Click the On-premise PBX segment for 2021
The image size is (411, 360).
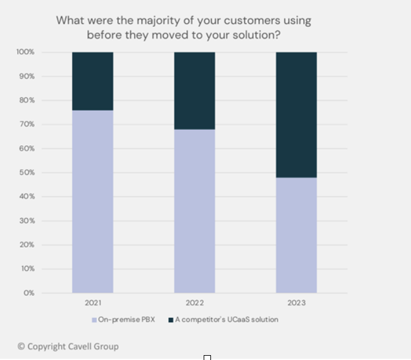coord(93,201)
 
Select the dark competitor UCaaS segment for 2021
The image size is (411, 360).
coord(93,81)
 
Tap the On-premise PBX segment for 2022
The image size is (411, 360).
coord(195,211)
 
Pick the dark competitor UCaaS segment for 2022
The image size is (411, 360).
coord(195,90)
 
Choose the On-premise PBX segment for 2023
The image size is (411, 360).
coord(296,235)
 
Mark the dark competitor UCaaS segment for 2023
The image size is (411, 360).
coord(296,115)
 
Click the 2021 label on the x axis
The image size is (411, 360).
coord(93,303)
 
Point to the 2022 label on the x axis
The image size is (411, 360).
coord(195,303)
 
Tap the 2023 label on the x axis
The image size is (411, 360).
coord(296,303)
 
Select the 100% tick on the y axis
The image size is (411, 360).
coord(26,52)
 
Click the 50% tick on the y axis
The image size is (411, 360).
coord(27,173)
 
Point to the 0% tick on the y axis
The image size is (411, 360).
coord(29,293)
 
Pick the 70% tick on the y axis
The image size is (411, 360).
coord(27,124)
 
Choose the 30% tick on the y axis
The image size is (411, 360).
coord(27,221)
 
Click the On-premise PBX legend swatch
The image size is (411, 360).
coord(94,320)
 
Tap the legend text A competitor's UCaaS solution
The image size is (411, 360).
coord(226,320)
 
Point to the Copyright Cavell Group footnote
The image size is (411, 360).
coord(68,346)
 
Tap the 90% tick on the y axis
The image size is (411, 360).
coord(27,76)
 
